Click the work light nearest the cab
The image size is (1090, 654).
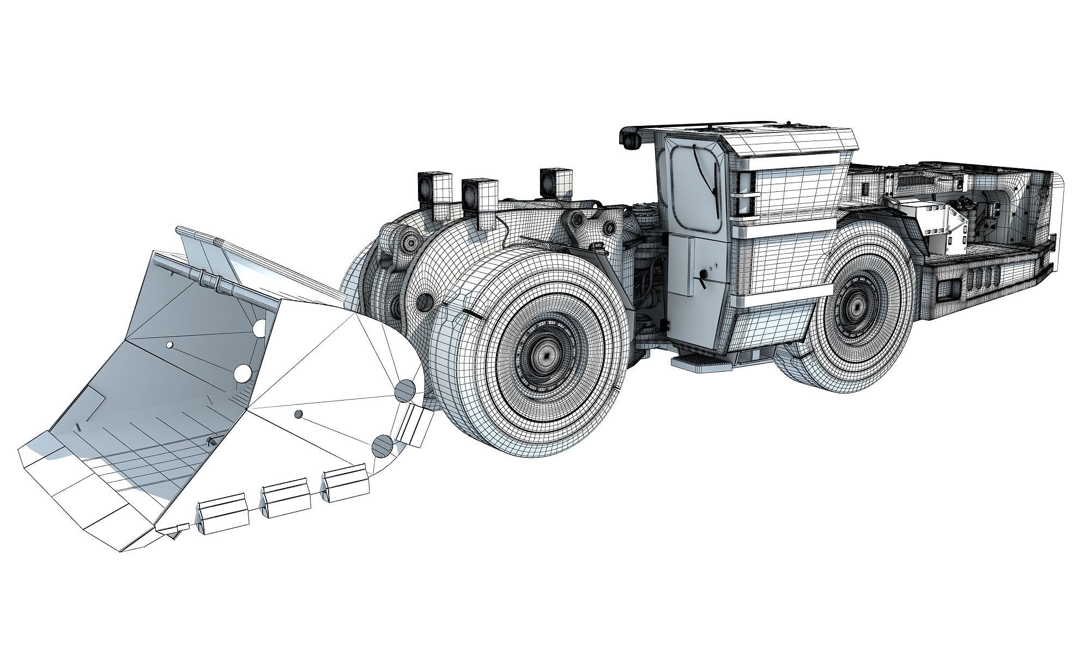[556, 181]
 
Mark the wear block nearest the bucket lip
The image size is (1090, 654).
[224, 512]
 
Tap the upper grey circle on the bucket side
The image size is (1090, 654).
[405, 390]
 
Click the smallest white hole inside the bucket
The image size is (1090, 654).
[170, 344]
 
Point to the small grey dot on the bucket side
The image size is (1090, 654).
[298, 414]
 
